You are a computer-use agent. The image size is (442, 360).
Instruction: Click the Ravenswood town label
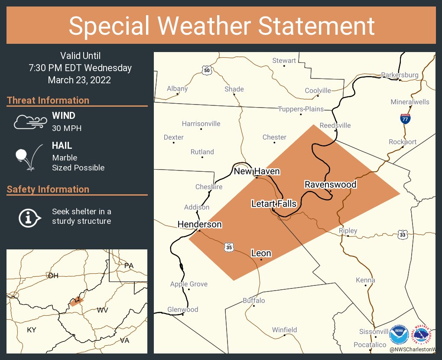pyautogui.click(x=330, y=184)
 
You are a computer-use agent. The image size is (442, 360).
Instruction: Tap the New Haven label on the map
pyautogui.click(x=257, y=171)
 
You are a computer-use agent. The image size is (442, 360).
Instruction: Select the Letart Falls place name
pyautogui.click(x=274, y=203)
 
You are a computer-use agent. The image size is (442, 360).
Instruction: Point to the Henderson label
pyautogui.click(x=199, y=224)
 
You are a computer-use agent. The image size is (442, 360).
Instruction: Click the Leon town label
pyautogui.click(x=261, y=253)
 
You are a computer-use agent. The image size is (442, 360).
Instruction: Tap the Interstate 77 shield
pyautogui.click(x=405, y=118)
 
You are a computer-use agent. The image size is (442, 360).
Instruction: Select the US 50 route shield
pyautogui.click(x=207, y=70)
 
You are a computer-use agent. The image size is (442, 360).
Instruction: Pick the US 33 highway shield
pyautogui.click(x=403, y=235)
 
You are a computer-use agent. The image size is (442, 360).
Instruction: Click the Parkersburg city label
pyautogui.click(x=400, y=75)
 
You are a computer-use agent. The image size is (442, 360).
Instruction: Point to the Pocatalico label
pyautogui.click(x=370, y=344)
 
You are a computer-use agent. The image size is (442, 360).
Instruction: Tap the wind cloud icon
pyautogui.click(x=29, y=122)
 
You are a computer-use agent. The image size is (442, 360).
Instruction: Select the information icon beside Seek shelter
pyautogui.click(x=29, y=217)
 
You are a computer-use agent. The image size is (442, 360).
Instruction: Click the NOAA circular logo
pyautogui.click(x=399, y=335)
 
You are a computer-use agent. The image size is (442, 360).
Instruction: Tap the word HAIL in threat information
pyautogui.click(x=62, y=146)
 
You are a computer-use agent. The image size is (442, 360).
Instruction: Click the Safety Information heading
pyautogui.click(x=48, y=189)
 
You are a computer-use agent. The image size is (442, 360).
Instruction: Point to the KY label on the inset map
pyautogui.click(x=32, y=330)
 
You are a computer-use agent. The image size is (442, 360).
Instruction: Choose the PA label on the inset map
pyautogui.click(x=129, y=265)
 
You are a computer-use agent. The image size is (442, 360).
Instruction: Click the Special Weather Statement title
pyautogui.click(x=221, y=26)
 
